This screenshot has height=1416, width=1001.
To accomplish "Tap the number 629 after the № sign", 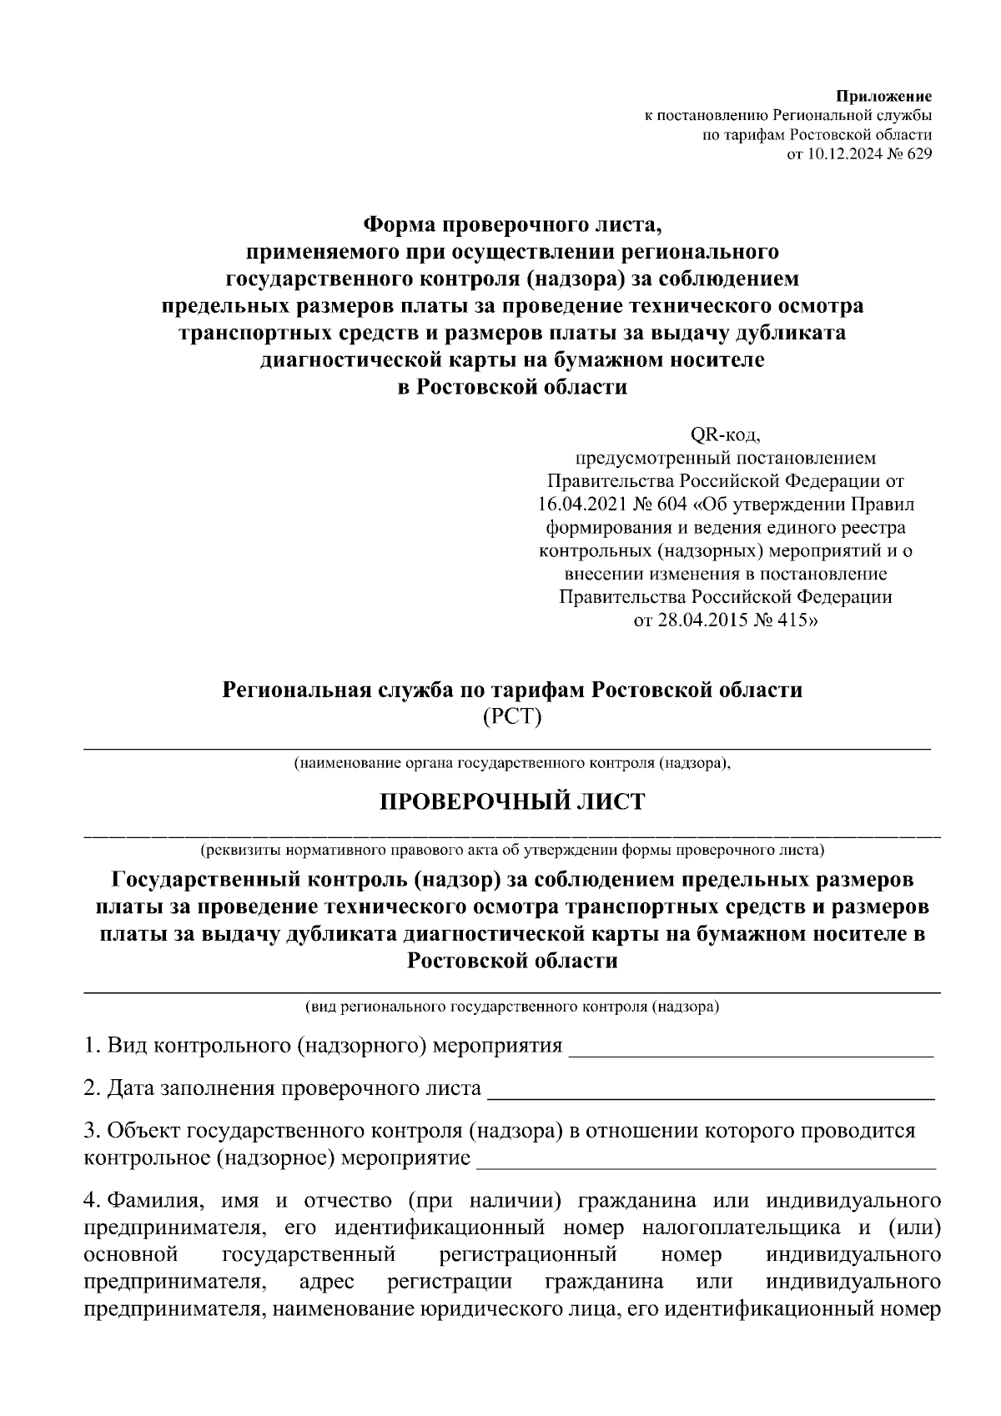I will tap(918, 153).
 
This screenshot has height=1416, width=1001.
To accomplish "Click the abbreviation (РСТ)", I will tap(512, 716).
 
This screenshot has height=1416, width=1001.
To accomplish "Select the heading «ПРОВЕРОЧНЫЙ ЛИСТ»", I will tap(512, 802).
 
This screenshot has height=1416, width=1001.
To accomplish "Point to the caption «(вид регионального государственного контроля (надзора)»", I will tap(512, 1007).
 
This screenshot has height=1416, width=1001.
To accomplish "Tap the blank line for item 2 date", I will tap(710, 1096).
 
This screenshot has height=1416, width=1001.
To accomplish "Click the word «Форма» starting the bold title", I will tap(397, 225).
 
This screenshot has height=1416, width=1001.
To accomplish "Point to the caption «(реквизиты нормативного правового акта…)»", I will tap(512, 851).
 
